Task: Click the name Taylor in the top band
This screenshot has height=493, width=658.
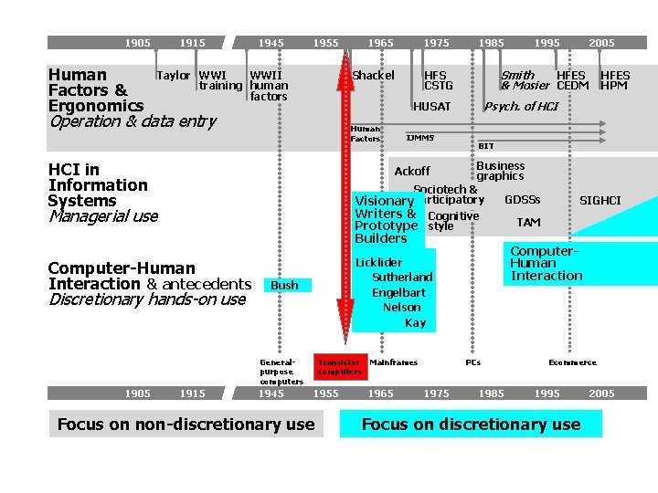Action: tap(174, 76)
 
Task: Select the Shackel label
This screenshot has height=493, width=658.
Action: tap(374, 76)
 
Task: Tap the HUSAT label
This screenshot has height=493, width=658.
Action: tap(432, 107)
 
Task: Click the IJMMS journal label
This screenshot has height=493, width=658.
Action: tap(420, 138)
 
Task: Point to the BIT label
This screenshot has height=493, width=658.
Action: tap(486, 146)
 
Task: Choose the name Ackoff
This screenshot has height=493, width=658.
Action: tap(412, 172)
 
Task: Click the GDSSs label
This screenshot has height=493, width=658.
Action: tap(523, 200)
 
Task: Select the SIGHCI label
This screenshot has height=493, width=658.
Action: tap(600, 201)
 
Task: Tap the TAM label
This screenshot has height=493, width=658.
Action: tap(528, 223)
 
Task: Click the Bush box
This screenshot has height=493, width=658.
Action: tap(285, 286)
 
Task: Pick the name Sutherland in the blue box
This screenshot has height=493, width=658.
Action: tap(402, 278)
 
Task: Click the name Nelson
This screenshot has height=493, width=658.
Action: tap(402, 308)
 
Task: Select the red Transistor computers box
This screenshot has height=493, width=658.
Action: tap(339, 367)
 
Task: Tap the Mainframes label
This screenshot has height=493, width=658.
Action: tap(394, 362)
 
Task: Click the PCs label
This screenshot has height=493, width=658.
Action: tap(473, 362)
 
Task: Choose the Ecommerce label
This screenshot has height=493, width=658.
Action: tap(572, 362)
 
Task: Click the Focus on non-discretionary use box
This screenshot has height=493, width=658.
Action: tap(186, 425)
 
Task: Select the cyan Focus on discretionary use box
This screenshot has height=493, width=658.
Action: tap(471, 425)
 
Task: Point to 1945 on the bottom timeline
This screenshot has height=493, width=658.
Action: tap(271, 393)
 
